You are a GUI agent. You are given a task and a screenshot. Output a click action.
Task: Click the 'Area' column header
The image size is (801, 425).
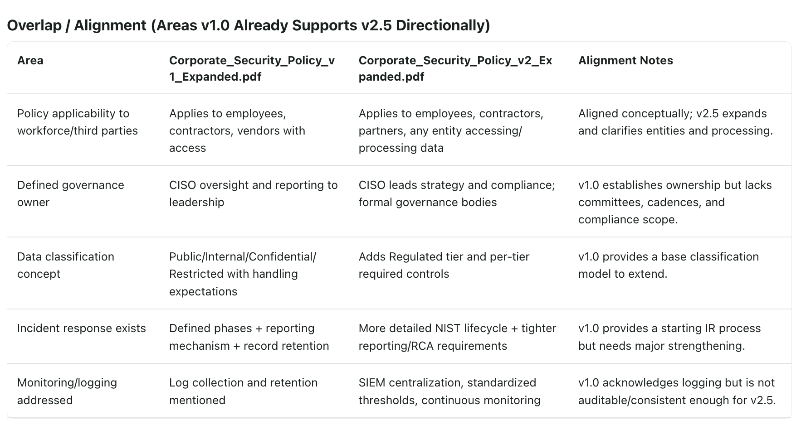[30, 60]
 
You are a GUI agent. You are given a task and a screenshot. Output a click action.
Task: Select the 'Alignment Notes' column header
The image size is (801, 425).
[625, 60]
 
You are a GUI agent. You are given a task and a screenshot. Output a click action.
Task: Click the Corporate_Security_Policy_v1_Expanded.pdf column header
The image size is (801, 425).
[252, 68]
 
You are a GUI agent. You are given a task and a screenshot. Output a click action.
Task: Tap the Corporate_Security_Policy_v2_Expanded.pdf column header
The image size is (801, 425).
[455, 68]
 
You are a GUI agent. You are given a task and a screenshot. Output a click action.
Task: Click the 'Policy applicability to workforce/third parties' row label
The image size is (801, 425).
[78, 122]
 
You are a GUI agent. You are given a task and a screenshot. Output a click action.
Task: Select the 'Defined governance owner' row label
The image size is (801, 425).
[71, 193]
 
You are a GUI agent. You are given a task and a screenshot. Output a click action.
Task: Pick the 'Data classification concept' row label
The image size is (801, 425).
[66, 265]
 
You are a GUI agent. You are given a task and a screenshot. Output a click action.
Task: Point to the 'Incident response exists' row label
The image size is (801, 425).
[82, 328]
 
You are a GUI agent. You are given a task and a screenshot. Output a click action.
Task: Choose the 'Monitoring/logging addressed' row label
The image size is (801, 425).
[67, 391]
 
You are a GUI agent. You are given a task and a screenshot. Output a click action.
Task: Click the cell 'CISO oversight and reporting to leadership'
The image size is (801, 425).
[254, 193]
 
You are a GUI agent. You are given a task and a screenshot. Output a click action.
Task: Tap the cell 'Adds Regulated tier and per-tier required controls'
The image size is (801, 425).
[444, 265]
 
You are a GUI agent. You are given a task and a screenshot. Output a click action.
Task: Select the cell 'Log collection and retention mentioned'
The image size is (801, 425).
[244, 391]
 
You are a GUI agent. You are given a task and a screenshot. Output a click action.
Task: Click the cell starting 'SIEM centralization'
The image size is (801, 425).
[449, 391]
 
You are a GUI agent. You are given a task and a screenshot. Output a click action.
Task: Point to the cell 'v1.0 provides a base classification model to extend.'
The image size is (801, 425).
[669, 265]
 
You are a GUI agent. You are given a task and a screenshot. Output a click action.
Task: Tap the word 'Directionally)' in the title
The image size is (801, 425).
[443, 25]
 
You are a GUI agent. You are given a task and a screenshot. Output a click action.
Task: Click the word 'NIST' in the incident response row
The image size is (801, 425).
[448, 328]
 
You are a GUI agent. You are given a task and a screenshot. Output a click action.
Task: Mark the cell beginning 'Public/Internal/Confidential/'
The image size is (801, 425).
[243, 274]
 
